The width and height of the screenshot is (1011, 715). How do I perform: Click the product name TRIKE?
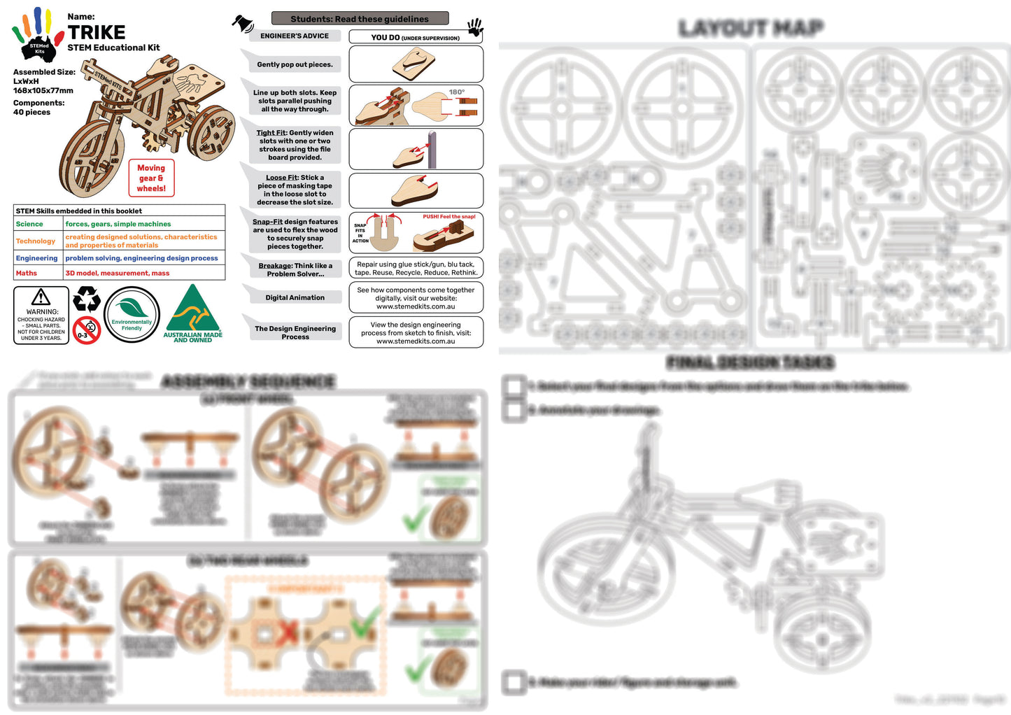(x=97, y=33)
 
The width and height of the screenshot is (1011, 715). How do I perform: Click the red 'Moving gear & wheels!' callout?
(x=151, y=178)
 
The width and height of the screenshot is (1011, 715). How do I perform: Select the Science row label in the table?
(x=29, y=225)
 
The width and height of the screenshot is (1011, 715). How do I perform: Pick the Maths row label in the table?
(x=27, y=274)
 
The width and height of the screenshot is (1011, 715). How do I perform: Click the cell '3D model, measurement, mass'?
(x=118, y=274)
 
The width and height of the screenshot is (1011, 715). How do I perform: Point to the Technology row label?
(x=36, y=241)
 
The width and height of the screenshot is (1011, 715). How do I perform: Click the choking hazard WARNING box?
(x=41, y=316)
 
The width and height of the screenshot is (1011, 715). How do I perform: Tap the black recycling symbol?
(x=87, y=299)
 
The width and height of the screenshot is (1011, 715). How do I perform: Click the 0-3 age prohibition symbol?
(x=87, y=330)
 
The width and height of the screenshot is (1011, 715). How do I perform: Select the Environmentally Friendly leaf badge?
(x=132, y=315)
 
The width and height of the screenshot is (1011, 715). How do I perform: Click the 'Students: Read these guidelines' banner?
(x=360, y=19)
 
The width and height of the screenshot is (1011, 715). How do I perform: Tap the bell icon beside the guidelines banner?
(x=243, y=23)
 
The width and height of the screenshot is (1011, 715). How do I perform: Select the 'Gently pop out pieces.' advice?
(x=295, y=65)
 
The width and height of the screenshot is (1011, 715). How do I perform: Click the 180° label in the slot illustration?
(x=457, y=92)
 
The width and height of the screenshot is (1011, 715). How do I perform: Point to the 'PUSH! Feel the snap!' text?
(x=448, y=217)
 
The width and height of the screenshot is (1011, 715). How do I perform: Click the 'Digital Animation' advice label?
(x=295, y=298)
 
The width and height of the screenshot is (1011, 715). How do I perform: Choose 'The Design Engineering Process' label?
(x=295, y=333)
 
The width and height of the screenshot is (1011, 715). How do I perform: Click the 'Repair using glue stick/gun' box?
(x=416, y=269)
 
